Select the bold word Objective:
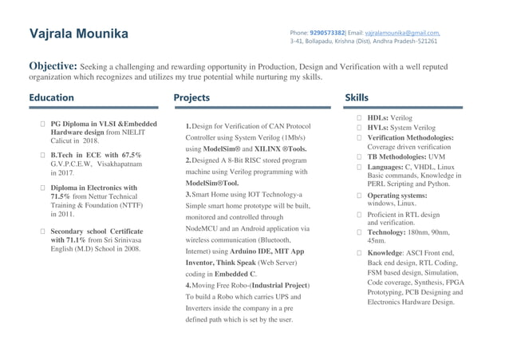53,66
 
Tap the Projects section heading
192,98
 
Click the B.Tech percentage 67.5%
128,154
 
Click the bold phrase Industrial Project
274,285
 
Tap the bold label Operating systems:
397,196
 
